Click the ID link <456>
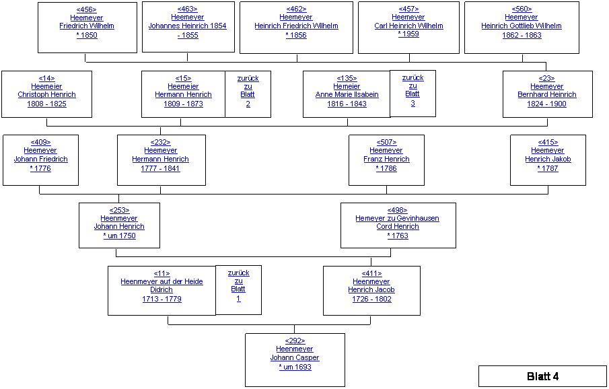point(87,9)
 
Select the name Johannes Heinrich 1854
point(188,26)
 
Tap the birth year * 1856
point(296,35)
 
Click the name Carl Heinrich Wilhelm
point(408,26)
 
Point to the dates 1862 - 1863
point(522,35)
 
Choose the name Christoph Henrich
point(46,95)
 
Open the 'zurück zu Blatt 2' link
point(248,91)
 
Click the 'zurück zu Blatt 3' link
point(413,90)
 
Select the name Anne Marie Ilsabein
point(347,95)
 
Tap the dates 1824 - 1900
point(546,104)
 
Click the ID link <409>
point(40,142)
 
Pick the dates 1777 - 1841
point(160,168)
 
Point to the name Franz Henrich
point(386,160)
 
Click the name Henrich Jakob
point(548,160)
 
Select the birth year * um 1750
point(119,236)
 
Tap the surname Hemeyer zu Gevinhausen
point(398,218)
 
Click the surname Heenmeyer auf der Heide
point(162,281)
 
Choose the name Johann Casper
point(295,357)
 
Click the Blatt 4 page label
point(542,376)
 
